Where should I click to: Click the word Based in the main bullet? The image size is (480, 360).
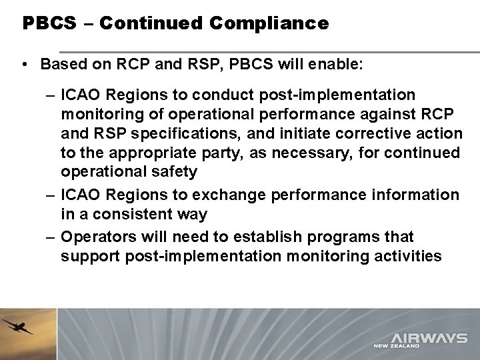click(61, 66)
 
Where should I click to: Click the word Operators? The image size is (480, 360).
click(97, 237)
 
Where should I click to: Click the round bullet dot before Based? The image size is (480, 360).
click(24, 67)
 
